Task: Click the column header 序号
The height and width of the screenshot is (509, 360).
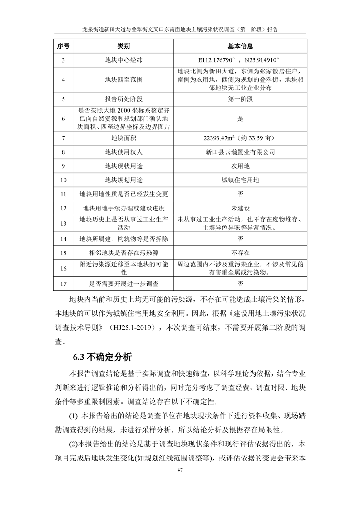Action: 63,46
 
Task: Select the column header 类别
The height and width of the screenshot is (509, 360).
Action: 123,46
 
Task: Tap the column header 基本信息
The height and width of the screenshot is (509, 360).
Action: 240,46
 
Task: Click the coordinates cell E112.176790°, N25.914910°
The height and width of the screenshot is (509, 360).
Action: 240,59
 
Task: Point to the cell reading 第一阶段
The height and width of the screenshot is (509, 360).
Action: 240,98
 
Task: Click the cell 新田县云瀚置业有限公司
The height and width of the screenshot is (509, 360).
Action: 240,152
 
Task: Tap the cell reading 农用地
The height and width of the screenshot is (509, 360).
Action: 240,166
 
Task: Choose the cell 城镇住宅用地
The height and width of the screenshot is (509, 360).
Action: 240,180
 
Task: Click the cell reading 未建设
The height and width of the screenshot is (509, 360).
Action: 240,208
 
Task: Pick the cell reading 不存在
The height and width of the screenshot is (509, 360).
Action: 240,252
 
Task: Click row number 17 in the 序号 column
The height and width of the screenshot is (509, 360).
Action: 63,284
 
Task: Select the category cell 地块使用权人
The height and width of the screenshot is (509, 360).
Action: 123,152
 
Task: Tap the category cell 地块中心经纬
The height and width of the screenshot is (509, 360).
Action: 123,59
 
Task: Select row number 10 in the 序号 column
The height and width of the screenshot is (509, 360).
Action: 63,180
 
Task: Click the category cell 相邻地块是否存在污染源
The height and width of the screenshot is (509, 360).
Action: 123,252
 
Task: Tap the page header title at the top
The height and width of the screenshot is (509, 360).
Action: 180,29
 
